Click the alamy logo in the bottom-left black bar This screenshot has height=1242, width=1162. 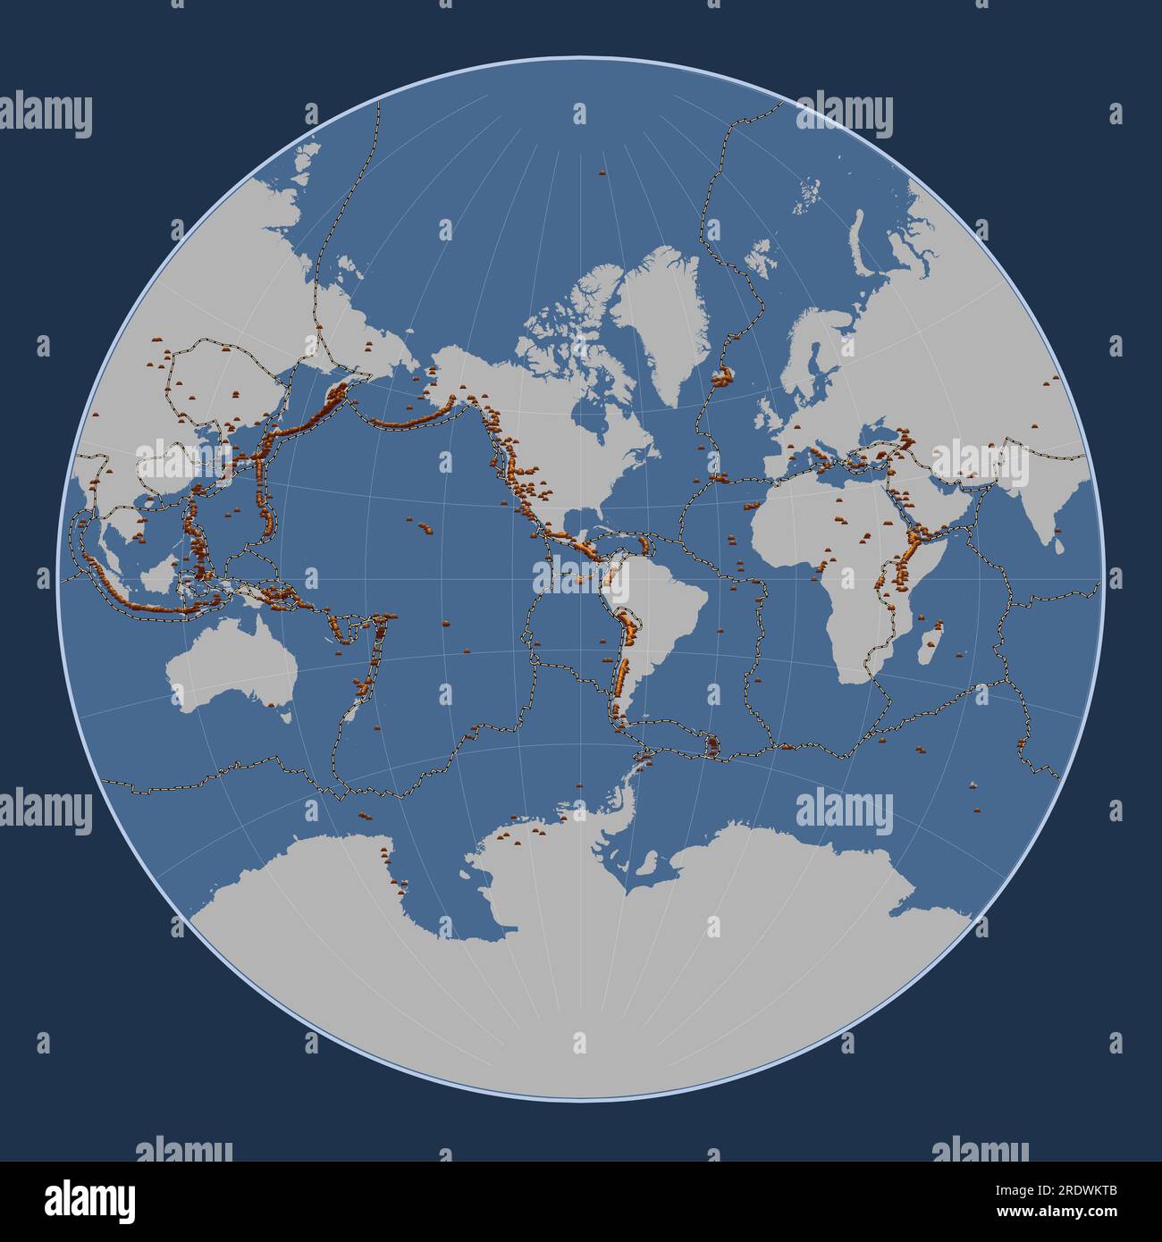pyautogui.click(x=89, y=1200)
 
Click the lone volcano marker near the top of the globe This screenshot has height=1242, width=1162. pyautogui.click(x=578, y=172)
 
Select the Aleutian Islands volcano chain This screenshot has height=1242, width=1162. pyautogui.click(x=393, y=420)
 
